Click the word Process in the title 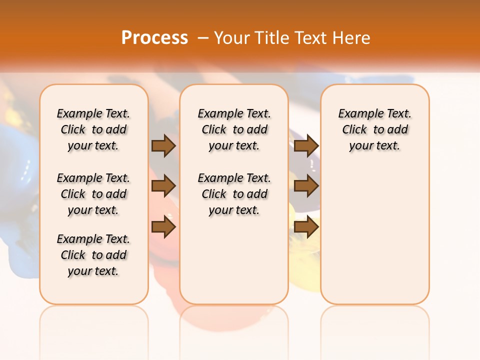[154, 37]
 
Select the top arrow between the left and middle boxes [163, 145]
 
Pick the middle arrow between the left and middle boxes [163, 186]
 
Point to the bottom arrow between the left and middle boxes [163, 227]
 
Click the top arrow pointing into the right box [306, 145]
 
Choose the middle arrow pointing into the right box [306, 186]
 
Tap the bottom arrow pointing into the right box [306, 227]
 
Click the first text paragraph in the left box [93, 129]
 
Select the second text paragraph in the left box [93, 194]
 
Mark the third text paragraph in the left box [93, 255]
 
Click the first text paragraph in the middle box [234, 129]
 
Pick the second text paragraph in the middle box [234, 194]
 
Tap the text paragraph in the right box [374, 129]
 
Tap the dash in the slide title [203, 38]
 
